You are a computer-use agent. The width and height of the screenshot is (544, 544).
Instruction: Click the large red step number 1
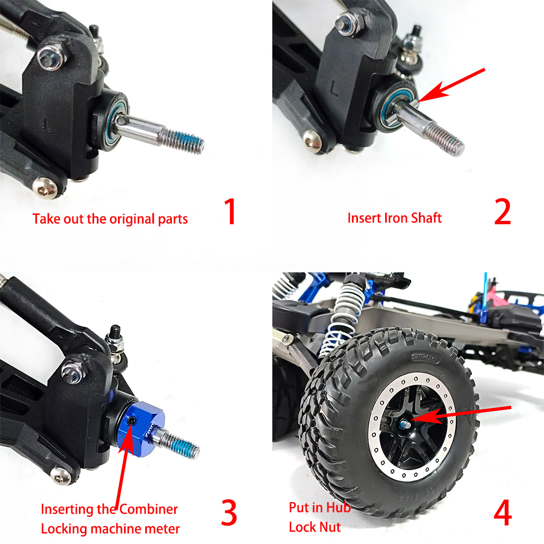click(231, 211)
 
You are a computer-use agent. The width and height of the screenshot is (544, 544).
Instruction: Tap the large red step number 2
click(502, 211)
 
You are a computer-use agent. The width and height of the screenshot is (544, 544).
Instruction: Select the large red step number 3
click(229, 512)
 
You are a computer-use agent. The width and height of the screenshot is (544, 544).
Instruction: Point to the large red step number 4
click(503, 512)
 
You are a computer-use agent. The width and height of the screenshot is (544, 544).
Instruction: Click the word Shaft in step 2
click(426, 218)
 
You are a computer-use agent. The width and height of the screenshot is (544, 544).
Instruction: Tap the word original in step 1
click(132, 219)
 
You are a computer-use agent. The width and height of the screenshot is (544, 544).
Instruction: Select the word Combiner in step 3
click(149, 509)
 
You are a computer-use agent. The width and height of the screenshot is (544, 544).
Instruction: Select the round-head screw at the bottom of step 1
click(45, 188)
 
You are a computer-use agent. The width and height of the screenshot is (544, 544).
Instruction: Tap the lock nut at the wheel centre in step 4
click(406, 424)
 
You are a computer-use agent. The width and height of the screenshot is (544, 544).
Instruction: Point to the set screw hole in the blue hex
click(131, 421)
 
